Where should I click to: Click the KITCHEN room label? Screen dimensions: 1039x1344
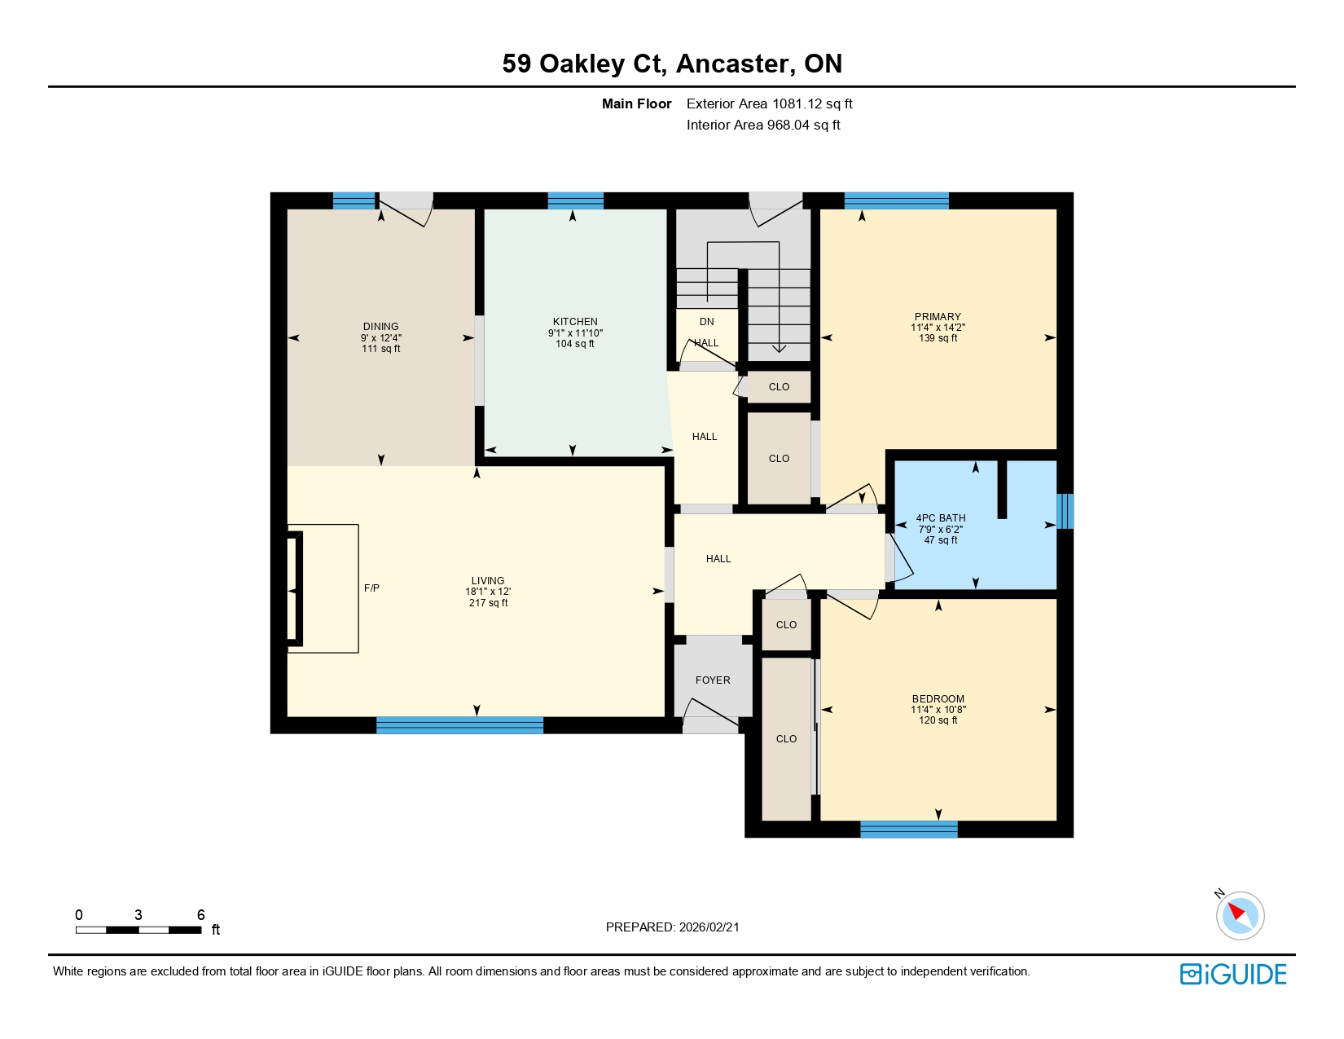coord(575,322)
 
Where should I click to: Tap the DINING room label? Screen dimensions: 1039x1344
coord(381,327)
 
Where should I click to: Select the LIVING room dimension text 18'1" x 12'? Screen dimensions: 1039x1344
coord(488,592)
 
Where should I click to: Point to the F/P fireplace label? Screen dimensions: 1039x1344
coord(371,588)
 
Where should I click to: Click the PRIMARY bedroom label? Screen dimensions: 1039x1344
coord(938,317)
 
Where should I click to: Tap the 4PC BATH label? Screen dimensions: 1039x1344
coord(941,518)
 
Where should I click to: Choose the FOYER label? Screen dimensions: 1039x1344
coord(713,680)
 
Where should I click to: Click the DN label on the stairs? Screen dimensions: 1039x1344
coord(706,322)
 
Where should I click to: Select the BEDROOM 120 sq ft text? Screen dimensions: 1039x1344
coord(938,720)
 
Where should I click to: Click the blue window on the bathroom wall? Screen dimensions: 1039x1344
coord(1065,511)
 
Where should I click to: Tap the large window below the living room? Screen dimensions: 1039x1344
coord(459,725)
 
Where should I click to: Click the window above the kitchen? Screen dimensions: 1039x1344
coord(575,200)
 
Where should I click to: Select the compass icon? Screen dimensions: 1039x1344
coord(1240,915)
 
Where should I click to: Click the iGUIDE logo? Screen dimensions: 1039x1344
coord(1233,975)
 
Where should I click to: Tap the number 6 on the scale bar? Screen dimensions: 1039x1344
coord(200,915)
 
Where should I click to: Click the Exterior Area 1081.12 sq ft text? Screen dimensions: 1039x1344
coord(769,104)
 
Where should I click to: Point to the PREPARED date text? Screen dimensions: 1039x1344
coord(672,927)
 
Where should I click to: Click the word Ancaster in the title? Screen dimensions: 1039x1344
coord(732,64)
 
